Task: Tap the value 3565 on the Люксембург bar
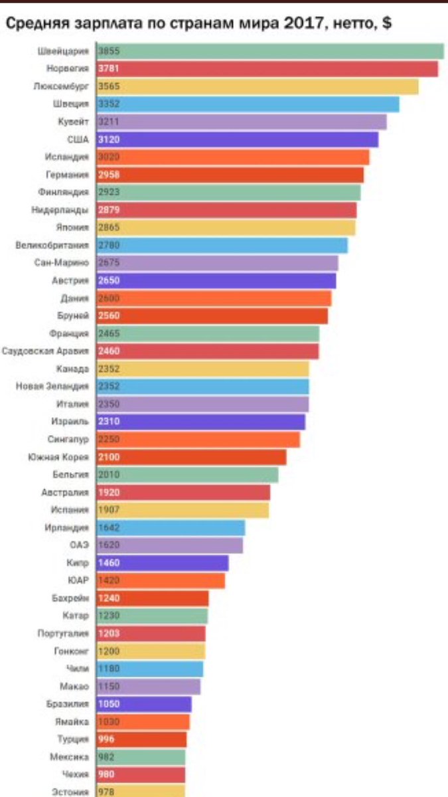pos(108,86)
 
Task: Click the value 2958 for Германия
pos(108,175)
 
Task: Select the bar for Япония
pos(226,228)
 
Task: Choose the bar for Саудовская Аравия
pos(208,351)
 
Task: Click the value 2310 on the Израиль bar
pos(108,421)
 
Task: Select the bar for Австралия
pos(184,492)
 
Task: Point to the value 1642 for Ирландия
pos(108,527)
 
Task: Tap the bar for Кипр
pos(163,563)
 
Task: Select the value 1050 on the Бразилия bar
pos(108,704)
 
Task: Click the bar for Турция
pos(142,739)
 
